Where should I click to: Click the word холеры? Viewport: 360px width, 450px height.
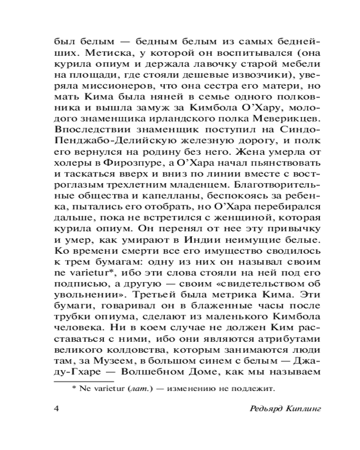click(x=68, y=162)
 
